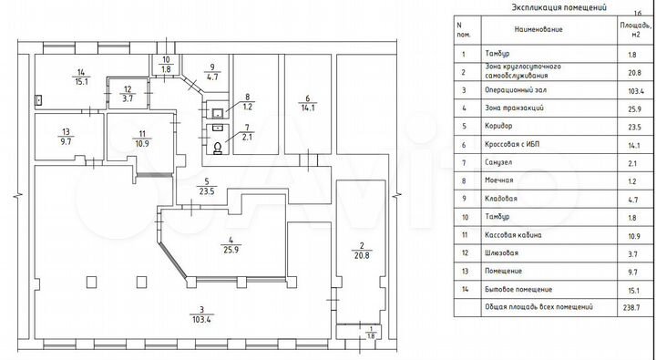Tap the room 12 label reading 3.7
point(128,93)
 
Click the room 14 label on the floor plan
point(81,76)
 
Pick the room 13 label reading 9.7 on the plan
point(67,136)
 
